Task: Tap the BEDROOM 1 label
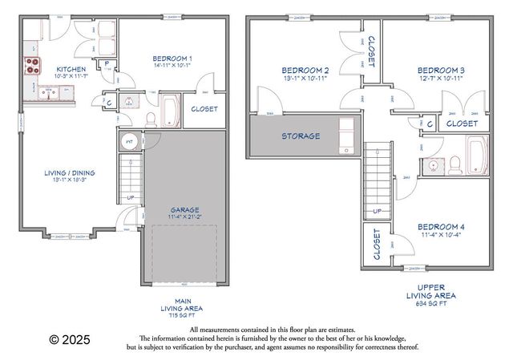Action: pos(172,58)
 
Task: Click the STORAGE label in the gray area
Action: pos(301,136)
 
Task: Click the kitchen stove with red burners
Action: pos(33,66)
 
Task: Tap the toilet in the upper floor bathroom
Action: pos(454,164)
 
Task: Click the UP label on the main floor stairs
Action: pos(131,197)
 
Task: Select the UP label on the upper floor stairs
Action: pos(377,212)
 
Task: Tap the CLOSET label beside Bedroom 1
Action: pos(204,108)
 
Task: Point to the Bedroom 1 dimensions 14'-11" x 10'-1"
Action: pos(172,67)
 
